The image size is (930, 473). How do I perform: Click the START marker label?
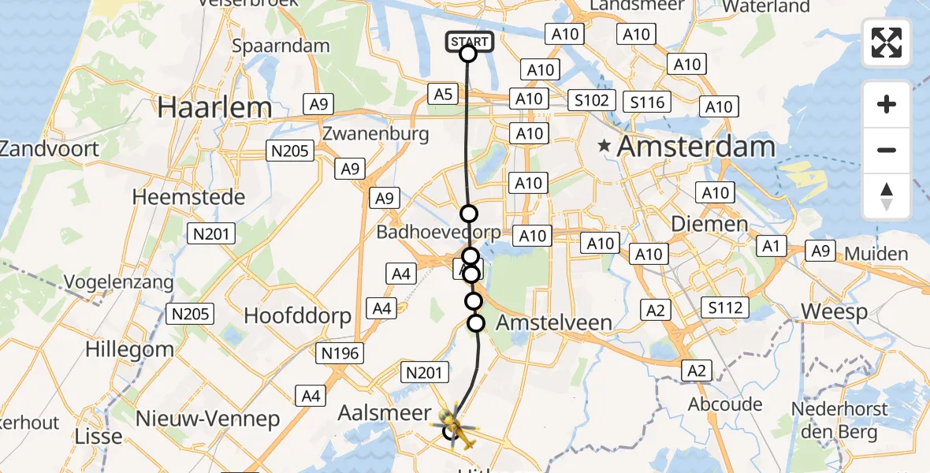point(470,41)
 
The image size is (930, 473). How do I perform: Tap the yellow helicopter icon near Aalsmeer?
point(456,426)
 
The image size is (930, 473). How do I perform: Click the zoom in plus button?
point(887,104)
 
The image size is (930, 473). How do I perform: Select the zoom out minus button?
point(887,150)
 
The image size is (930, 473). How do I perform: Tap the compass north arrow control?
point(887,196)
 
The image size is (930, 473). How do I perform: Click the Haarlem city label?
point(214,107)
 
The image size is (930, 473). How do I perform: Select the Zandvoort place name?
point(49,149)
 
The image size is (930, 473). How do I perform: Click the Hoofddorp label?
point(297,316)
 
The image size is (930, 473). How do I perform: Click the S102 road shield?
point(591,100)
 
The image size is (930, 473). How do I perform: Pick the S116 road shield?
point(646,102)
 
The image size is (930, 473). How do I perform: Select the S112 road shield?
point(725,307)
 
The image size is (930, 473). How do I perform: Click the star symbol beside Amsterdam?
point(604,146)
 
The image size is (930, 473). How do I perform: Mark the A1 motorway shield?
point(771,247)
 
